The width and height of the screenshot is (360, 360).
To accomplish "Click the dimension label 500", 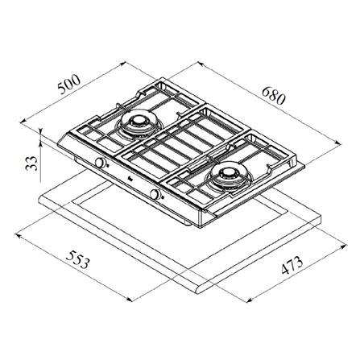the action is [69, 84].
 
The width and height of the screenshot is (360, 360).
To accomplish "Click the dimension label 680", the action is [273, 96].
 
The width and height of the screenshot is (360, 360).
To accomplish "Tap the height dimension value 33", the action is [31, 163].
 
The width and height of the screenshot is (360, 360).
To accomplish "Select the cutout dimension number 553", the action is [77, 259].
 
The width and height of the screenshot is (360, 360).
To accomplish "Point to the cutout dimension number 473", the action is [292, 265].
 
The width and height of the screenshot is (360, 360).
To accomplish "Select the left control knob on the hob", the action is [100, 163].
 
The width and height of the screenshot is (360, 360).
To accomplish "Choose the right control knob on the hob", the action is [155, 195].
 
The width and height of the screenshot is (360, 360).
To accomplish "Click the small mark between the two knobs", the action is [128, 178].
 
